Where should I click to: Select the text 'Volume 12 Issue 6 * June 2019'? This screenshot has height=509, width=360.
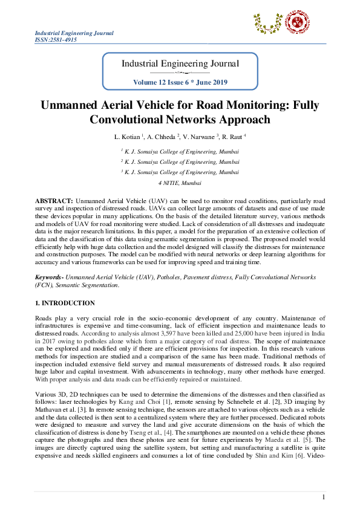tap(180, 82)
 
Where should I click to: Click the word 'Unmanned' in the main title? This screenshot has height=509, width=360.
tap(68, 105)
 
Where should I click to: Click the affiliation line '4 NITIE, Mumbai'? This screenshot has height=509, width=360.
tap(180, 182)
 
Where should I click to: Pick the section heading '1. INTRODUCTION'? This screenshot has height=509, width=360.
tap(65, 303)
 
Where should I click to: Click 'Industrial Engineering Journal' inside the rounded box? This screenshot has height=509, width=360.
tap(180, 63)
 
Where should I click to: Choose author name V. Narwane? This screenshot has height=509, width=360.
tap(196, 137)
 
